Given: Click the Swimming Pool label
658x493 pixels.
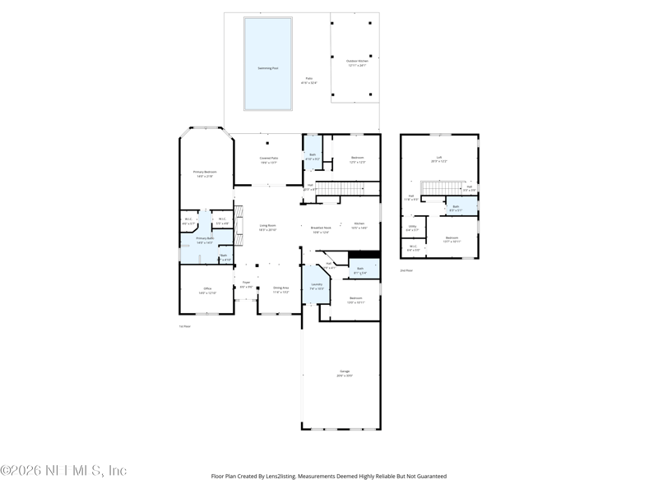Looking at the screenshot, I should pos(268,67).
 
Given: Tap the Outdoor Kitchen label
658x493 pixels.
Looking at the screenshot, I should pos(357,62).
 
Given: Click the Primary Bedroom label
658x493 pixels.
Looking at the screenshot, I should pos(205,173).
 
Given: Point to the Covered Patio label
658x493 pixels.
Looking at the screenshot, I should pos(268,160).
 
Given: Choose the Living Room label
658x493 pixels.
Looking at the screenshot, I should pos(267,227).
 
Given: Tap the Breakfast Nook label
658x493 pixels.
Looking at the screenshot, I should pos(322,229).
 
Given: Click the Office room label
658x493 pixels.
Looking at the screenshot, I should pos(207,290).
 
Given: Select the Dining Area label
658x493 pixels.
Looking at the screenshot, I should pos(281,289).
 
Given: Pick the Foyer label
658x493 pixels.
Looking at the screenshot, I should pos(246,284).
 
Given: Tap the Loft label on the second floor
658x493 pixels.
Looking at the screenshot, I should pos(439,159).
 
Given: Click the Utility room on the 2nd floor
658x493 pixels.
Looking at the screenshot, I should pos(411,228).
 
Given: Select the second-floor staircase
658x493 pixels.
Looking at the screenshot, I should pos(433,191).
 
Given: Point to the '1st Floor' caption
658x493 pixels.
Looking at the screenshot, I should pos(185,326).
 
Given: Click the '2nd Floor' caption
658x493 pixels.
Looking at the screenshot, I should pos(406,270).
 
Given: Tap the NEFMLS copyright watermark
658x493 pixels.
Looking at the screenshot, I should pos(63,471).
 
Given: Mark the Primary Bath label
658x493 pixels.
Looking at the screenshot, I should pos(205,242).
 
